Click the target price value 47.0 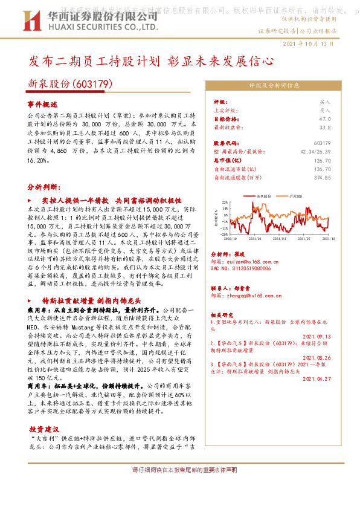click(324, 120)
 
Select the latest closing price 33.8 click(324, 128)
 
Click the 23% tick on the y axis click(224, 202)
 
